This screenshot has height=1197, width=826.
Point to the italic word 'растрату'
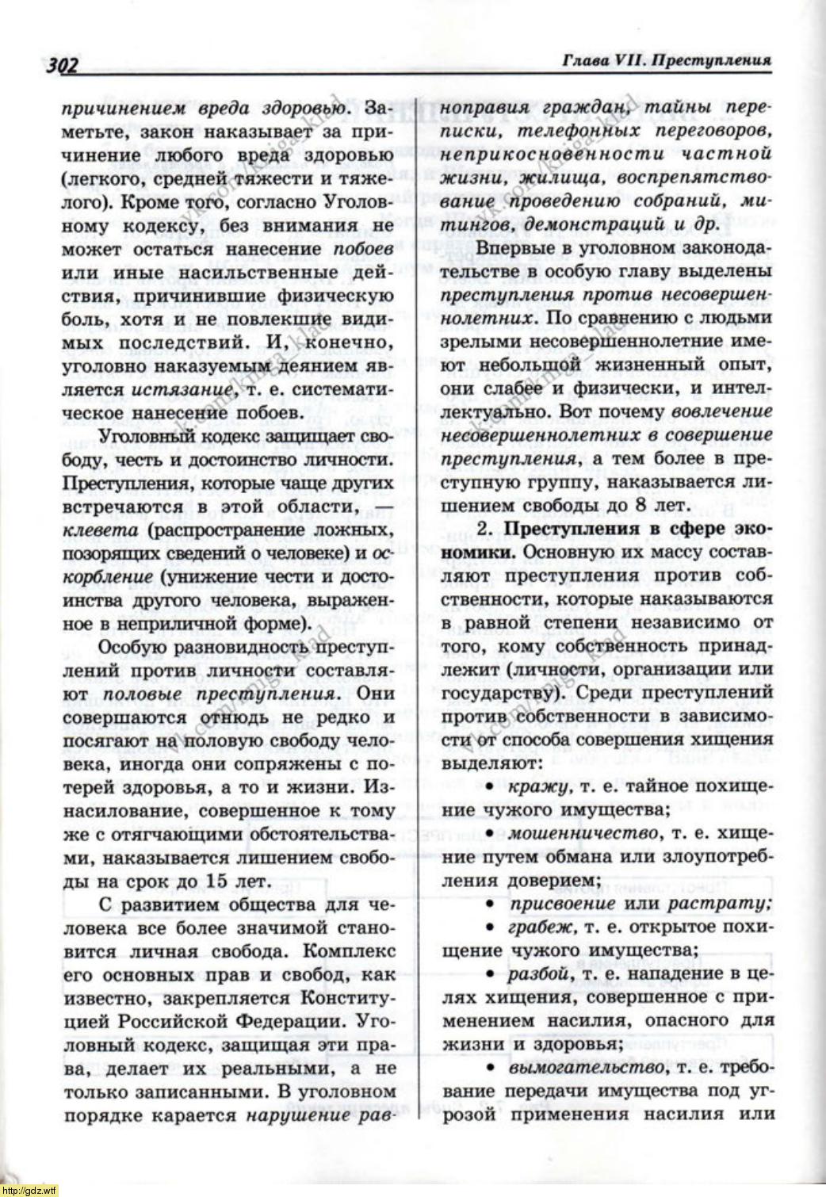coord(718,904)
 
